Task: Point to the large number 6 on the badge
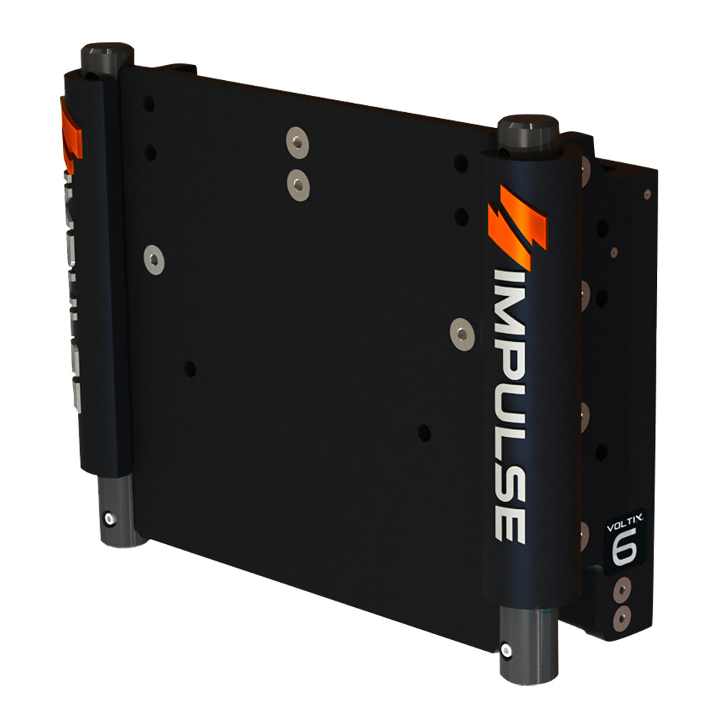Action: pos(624,549)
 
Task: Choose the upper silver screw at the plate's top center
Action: pos(297,142)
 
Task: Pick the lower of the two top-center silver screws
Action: pos(298,184)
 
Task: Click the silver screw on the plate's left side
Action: pos(154,259)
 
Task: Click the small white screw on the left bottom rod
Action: pos(108,519)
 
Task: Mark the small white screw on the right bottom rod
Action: pos(506,650)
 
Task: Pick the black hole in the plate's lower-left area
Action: pos(189,369)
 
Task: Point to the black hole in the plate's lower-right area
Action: pos(424,432)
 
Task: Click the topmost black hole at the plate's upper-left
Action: pos(149,104)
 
